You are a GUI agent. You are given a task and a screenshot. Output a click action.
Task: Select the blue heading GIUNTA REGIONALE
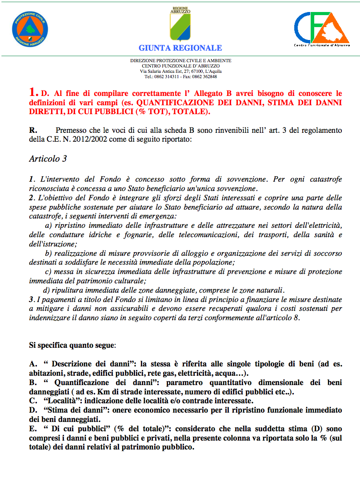pos(180,48)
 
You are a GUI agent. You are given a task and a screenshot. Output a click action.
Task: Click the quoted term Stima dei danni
pos(69,410)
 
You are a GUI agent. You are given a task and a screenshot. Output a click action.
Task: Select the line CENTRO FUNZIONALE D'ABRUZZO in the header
pos(180,66)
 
